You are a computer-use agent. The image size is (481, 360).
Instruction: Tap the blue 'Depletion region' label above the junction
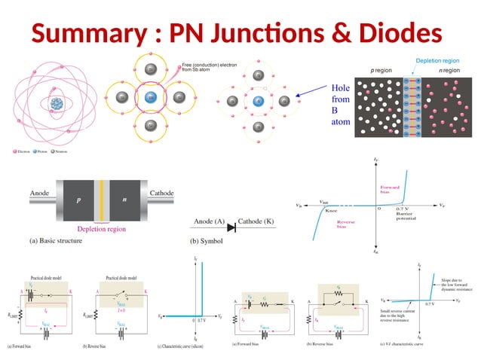(x=437, y=60)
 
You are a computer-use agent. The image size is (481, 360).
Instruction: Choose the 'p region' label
(x=382, y=70)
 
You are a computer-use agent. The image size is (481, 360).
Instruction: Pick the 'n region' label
(x=450, y=70)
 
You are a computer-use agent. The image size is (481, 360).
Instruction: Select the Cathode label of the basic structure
(x=161, y=194)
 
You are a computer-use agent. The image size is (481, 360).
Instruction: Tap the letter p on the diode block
(x=78, y=202)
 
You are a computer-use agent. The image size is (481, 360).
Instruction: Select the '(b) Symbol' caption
(x=214, y=243)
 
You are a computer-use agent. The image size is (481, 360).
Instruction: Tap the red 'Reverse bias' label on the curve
(x=346, y=224)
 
